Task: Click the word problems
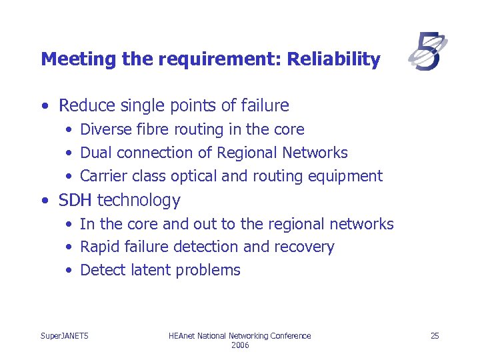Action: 209,271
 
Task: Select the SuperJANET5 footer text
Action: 65,335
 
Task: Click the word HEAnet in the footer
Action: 181,335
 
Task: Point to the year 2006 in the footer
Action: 240,345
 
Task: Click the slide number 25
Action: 435,335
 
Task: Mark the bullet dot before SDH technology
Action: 44,201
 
